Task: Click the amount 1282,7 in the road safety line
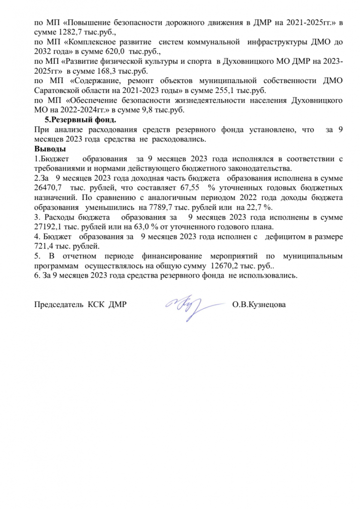coord(66,31)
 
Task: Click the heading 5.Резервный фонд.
coord(78,120)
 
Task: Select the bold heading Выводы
coord(50,149)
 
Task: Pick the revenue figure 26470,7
coord(48,188)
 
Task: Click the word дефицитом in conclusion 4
coord(283,237)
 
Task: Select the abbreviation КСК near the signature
coord(98,304)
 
